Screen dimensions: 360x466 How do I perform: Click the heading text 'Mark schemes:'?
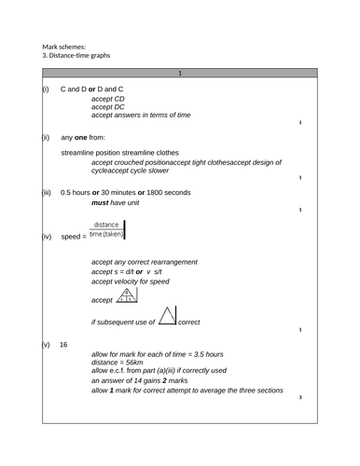(63, 45)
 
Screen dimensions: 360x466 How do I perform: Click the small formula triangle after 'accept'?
(126, 296)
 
